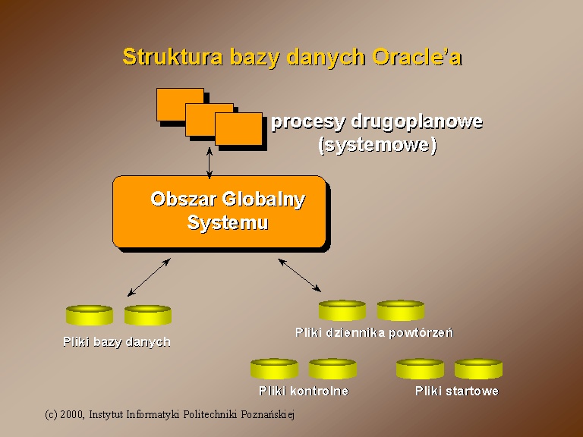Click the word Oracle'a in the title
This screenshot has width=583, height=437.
click(x=418, y=57)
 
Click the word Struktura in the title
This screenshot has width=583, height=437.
click(x=173, y=57)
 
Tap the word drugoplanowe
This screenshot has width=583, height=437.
click(x=417, y=122)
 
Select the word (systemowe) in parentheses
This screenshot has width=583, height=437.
click(x=377, y=145)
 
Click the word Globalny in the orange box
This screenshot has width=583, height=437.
click(x=263, y=200)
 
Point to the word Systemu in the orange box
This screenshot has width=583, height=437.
click(x=228, y=222)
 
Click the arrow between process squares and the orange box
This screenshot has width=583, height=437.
click(x=210, y=163)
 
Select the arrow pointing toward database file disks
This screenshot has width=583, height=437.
click(x=149, y=277)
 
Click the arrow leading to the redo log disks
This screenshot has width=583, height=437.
click(x=299, y=275)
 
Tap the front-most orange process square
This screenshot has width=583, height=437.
click(x=238, y=128)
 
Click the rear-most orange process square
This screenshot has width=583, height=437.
click(x=180, y=105)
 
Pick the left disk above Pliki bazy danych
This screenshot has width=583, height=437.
click(x=90, y=315)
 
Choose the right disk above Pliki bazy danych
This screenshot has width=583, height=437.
click(x=147, y=315)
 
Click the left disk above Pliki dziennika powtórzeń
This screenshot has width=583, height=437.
click(x=342, y=310)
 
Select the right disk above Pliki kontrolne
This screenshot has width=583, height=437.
click(x=332, y=369)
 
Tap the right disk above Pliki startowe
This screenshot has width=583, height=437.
click(x=478, y=369)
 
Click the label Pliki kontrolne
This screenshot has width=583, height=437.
click(x=304, y=391)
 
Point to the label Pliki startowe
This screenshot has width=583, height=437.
click(x=457, y=391)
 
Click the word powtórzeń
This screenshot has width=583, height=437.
click(x=421, y=332)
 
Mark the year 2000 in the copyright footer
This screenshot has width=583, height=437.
click(x=71, y=414)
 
